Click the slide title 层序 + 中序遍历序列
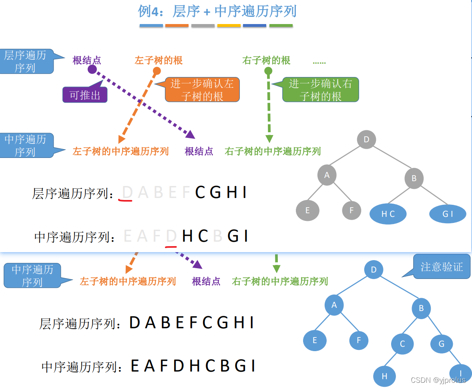[217, 11]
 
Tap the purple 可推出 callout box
[85, 95]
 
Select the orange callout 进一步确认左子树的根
[202, 90]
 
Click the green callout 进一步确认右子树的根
[320, 90]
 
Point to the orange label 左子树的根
[159, 61]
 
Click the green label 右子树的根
[266, 61]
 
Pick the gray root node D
[366, 139]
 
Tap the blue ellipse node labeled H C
[388, 214]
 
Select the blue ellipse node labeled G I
[448, 214]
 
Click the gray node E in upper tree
[307, 210]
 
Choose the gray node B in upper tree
[414, 178]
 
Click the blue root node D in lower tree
[374, 270]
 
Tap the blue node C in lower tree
[402, 344]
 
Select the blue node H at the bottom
[384, 376]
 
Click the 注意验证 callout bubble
[442, 267]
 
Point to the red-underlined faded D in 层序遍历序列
[127, 193]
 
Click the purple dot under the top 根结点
[92, 69]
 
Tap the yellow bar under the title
[229, 26]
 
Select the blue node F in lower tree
[359, 340]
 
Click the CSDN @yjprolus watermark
[438, 380]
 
